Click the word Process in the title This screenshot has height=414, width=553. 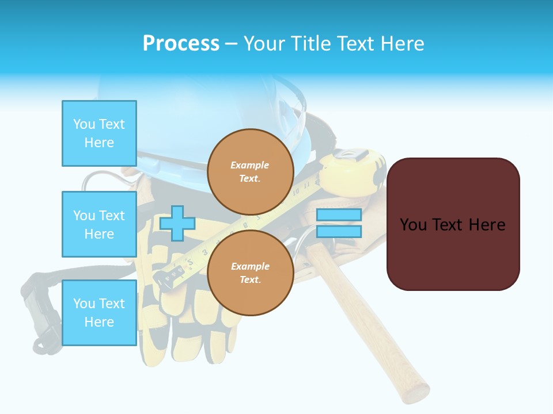[x=181, y=43]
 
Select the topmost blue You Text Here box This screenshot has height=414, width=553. [x=99, y=133]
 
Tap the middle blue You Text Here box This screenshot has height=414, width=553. [x=99, y=224]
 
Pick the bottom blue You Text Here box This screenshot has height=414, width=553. [x=99, y=312]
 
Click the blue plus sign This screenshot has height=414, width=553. [x=177, y=223]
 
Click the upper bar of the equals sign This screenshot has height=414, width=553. [x=339, y=215]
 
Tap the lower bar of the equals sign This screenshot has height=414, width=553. [x=339, y=232]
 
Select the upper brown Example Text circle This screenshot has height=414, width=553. [x=251, y=171]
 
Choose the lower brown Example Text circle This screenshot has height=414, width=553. [x=251, y=273]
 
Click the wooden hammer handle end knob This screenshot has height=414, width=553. [x=416, y=392]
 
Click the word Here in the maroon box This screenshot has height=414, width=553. [x=487, y=224]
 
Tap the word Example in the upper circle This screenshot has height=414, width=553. [x=249, y=165]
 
